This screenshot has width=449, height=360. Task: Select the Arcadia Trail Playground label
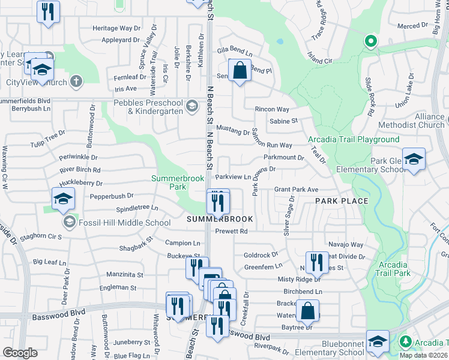pyautogui.click(x=354, y=139)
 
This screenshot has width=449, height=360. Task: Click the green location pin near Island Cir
pyautogui.click(x=370, y=41)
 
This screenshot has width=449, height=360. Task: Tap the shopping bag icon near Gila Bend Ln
pyautogui.click(x=240, y=71)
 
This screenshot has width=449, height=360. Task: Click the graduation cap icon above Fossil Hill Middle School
pyautogui.click(x=63, y=200)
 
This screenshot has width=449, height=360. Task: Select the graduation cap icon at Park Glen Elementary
pyautogui.click(x=414, y=160)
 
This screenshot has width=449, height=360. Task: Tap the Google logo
pyautogui.click(x=20, y=352)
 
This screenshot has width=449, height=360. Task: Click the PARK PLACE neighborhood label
pyautogui.click(x=342, y=201)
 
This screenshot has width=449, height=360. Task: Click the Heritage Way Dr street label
pyautogui.click(x=116, y=28)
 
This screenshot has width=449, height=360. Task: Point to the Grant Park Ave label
pyautogui.click(x=296, y=189)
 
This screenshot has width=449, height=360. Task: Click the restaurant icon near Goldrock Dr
pyautogui.click(x=317, y=262)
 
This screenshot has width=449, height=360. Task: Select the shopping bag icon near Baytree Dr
pyautogui.click(x=307, y=311)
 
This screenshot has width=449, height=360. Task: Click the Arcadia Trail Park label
pyautogui.click(x=394, y=268)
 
